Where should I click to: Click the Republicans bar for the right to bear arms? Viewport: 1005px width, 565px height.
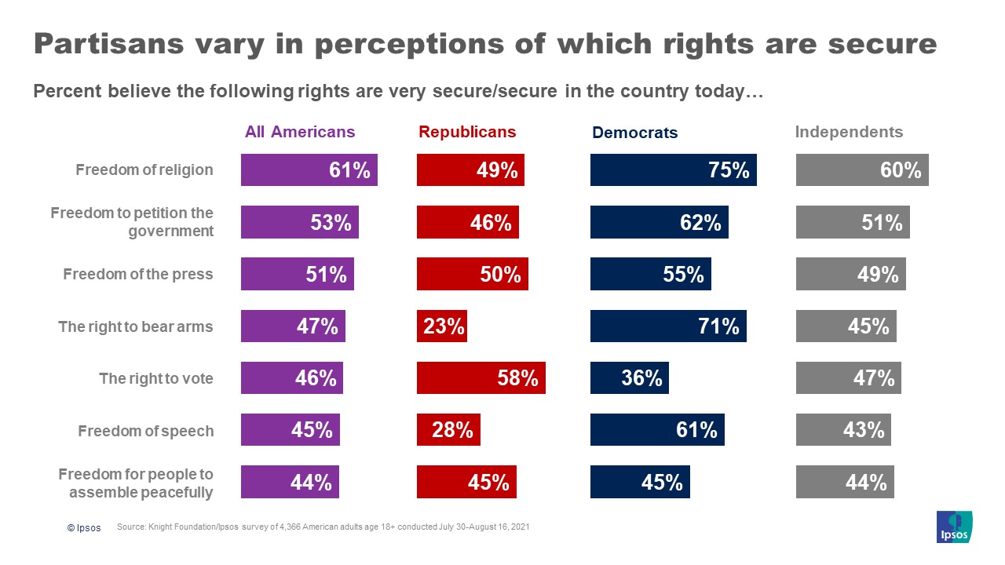(x=442, y=326)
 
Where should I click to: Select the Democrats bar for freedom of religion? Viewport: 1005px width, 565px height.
(x=673, y=169)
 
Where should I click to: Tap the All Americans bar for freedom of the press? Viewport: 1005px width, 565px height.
(x=297, y=274)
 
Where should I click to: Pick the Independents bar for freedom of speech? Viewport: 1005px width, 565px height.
(x=843, y=430)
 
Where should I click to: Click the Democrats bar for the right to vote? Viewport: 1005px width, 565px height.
(x=629, y=377)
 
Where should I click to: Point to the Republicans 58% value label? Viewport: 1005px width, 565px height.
(x=517, y=378)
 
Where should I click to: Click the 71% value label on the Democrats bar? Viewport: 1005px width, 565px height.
(x=718, y=326)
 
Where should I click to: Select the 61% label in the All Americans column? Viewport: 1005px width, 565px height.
(x=349, y=169)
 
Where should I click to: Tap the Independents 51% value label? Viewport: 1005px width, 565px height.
(x=882, y=222)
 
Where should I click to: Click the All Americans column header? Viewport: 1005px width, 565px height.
(x=300, y=132)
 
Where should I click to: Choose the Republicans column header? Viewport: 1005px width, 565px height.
(x=467, y=132)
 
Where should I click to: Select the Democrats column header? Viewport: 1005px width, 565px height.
(x=634, y=133)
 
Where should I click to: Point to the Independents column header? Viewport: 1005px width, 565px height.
(x=849, y=132)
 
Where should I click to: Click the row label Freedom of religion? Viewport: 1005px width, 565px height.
(x=144, y=169)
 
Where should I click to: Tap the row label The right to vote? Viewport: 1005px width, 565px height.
(x=155, y=378)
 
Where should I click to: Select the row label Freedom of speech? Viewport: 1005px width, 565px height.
(x=145, y=431)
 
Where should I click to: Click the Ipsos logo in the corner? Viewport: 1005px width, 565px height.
(x=954, y=526)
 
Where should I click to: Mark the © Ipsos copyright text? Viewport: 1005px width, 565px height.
(x=84, y=528)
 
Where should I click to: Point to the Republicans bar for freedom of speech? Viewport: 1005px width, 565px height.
(x=448, y=430)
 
